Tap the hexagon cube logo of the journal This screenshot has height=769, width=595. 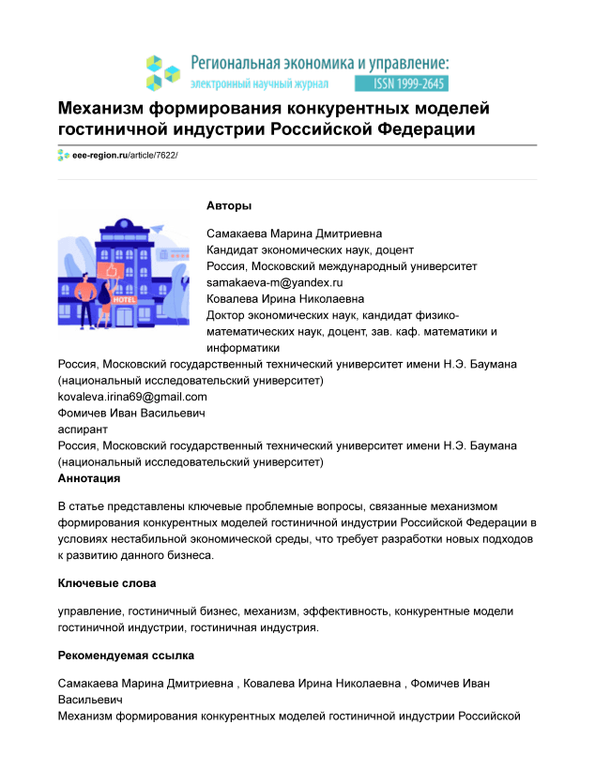click(x=162, y=71)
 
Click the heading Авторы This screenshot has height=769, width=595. click(x=229, y=206)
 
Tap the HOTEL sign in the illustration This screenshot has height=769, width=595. click(x=124, y=273)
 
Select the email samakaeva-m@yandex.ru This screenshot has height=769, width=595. click(x=275, y=282)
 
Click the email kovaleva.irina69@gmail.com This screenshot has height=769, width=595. click(x=132, y=397)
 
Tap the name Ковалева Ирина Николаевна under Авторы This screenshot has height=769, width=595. click(x=280, y=298)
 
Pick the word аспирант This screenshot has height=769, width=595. click(x=83, y=429)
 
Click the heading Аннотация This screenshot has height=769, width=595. click(x=89, y=478)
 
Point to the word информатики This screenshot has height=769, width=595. click(x=242, y=347)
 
